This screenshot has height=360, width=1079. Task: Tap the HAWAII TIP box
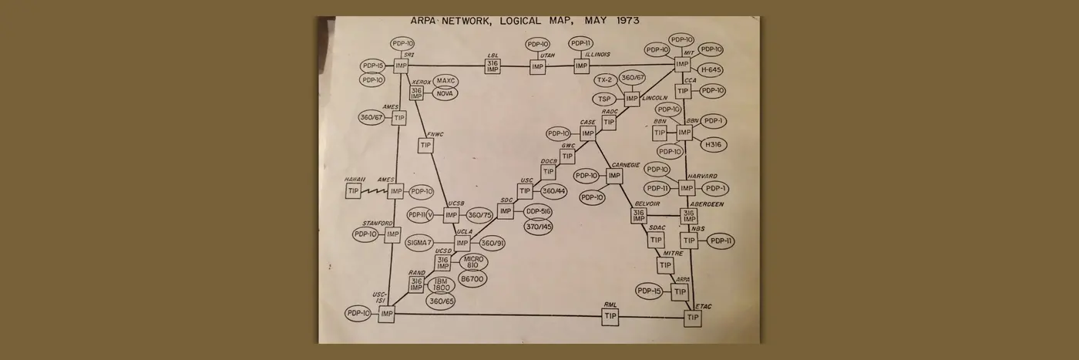tap(354, 190)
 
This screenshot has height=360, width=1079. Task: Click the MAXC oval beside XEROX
tap(445, 81)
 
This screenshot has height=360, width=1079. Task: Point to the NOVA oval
tap(445, 93)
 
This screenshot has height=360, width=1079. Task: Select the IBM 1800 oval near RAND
tap(442, 284)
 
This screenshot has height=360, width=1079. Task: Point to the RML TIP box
tap(611, 316)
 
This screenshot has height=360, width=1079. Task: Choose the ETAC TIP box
tap(693, 317)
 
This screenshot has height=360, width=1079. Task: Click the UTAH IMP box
tap(537, 67)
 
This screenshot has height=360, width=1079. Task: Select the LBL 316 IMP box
tap(493, 67)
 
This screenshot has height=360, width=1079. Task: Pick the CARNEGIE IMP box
tap(613, 176)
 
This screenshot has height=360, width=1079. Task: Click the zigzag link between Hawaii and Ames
tap(375, 190)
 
